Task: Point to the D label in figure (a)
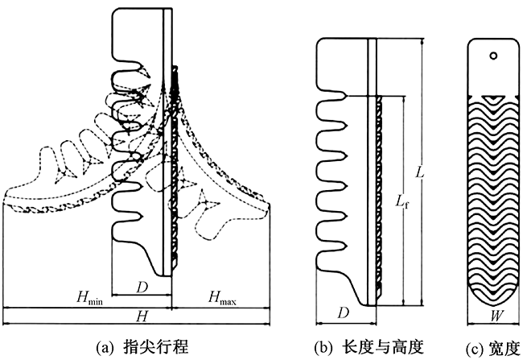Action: (x=142, y=285)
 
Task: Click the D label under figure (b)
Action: (x=344, y=312)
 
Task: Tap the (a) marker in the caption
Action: (x=105, y=347)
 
